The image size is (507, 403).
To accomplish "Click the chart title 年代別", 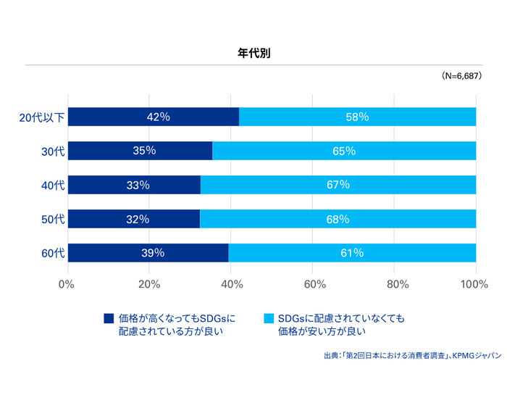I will (x=253, y=53).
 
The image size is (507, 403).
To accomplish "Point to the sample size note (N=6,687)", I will (x=461, y=76).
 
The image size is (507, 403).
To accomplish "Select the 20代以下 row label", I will (x=42, y=117).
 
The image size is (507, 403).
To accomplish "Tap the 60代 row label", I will (x=53, y=253).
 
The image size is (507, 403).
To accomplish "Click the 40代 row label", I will (x=53, y=186).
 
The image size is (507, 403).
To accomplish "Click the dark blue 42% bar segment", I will (x=154, y=117).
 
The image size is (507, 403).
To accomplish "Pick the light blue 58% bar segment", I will (x=357, y=117).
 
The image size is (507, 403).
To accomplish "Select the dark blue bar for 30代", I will (x=140, y=151).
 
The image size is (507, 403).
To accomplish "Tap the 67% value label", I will (x=338, y=185).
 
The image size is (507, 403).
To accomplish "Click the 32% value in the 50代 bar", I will (x=138, y=219).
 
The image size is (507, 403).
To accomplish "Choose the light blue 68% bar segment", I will (x=338, y=219).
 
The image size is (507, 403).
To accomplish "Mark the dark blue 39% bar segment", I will (x=148, y=253).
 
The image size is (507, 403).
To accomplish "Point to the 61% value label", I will (x=351, y=253).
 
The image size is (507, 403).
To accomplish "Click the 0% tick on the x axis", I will (x=67, y=284).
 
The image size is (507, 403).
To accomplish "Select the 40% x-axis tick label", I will (x=230, y=284).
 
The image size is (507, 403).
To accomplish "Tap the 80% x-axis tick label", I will (x=394, y=284).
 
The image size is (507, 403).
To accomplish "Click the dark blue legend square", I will (x=109, y=318).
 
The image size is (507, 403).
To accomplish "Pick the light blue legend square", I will (x=269, y=318).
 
